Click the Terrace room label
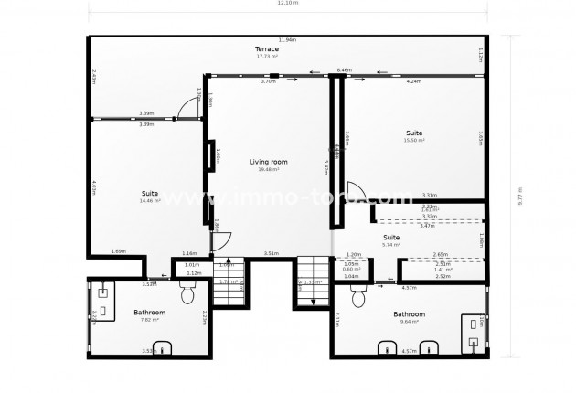pyautogui.click(x=267, y=48)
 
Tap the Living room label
pyautogui.click(x=268, y=162)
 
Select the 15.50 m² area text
pyautogui.click(x=414, y=140)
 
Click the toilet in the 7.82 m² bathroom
pyautogui.click(x=187, y=293)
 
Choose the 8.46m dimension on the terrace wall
pyautogui.click(x=344, y=69)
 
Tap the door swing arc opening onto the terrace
pyautogui.click(x=188, y=108)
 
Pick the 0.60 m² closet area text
pyautogui.click(x=351, y=270)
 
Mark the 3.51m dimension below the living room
pyautogui.click(x=271, y=253)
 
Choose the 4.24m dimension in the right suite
pyautogui.click(x=413, y=81)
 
